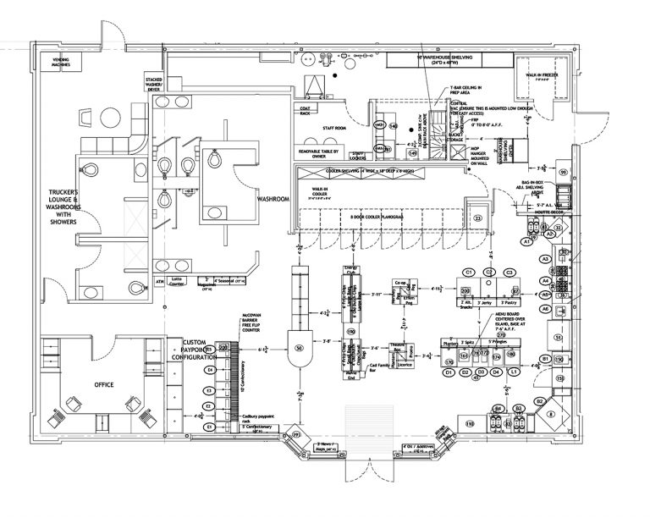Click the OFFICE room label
[103, 385]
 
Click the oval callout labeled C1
[467, 272]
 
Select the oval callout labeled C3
[510, 272]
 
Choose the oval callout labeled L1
[515, 372]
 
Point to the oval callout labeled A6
[547, 310]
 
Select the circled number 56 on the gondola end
[298, 348]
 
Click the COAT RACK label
[306, 110]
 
